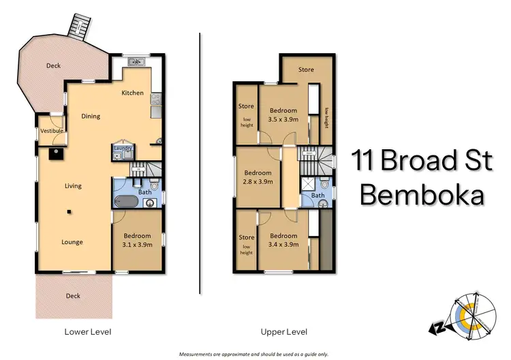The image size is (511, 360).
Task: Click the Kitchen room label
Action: pos(132,93)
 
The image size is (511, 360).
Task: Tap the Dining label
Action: pos(91,116)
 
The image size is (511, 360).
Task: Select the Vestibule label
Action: pos(52,130)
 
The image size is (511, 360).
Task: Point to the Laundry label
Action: pos(123,148)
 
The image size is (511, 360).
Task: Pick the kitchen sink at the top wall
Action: pos(138,63)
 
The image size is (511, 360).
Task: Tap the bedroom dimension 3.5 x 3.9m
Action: pos(283,115)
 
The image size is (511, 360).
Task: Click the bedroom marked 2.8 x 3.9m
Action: pos(258,177)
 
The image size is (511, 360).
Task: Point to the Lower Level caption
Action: pos(83,331)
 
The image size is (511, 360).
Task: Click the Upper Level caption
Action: pos(282,331)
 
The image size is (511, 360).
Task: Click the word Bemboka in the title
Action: pos(422,195)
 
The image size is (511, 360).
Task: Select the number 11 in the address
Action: pos(363,161)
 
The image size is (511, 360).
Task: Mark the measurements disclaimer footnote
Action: pos(253,355)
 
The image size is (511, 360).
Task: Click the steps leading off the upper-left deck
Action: pos(78,28)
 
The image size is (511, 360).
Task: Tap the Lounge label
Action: pos(72,242)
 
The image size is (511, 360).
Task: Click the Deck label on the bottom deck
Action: pos(72,296)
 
